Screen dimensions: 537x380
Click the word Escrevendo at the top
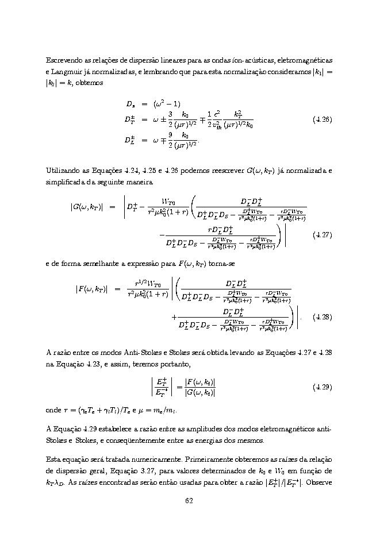(63, 60)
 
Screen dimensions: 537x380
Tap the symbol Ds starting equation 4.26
(130, 104)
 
